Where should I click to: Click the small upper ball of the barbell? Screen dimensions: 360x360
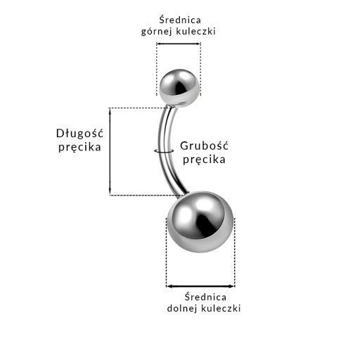click(x=179, y=88)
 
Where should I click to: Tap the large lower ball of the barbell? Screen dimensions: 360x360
click(x=200, y=221)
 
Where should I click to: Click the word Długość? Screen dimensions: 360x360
click(x=79, y=134)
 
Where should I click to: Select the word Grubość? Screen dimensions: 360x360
click(x=204, y=146)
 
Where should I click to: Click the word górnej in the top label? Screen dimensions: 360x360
click(x=157, y=32)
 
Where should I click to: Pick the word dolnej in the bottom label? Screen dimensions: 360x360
click(x=182, y=308)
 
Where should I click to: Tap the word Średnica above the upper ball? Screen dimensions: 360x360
click(x=180, y=20)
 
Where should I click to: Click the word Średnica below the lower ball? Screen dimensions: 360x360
click(x=205, y=297)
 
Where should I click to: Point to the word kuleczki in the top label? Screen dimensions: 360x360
click(x=196, y=31)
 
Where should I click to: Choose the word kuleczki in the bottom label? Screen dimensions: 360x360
click(x=221, y=308)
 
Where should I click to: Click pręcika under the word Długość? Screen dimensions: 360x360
click(x=79, y=148)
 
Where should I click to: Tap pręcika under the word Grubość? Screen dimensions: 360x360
click(x=204, y=160)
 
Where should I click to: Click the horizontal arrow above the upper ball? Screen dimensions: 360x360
click(x=179, y=44)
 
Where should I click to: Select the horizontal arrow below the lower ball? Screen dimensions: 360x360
click(x=200, y=286)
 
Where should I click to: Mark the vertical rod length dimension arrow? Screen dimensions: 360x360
click(x=110, y=151)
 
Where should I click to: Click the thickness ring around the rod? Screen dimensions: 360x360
click(x=164, y=152)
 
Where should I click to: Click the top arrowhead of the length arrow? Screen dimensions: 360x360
click(x=110, y=110)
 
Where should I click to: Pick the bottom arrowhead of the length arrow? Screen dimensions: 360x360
click(x=110, y=192)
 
